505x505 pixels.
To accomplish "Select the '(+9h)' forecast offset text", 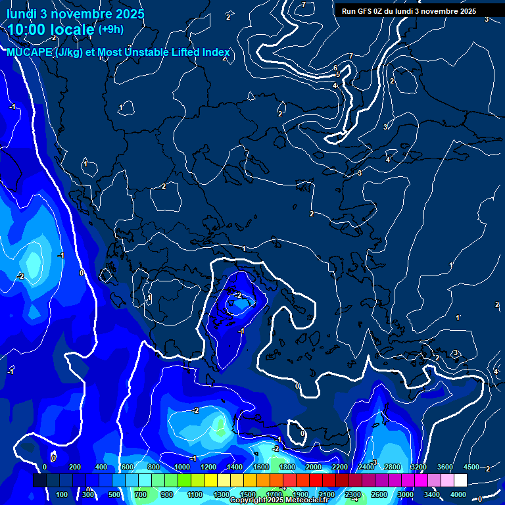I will tap(110, 29).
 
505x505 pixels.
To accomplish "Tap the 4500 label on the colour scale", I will tap(471, 467).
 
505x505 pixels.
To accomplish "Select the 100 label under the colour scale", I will tap(62, 494).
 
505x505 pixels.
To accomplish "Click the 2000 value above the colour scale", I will tap(314, 467).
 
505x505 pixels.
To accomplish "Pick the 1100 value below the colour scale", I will tap(195, 494).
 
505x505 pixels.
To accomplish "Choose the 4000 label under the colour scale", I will tap(459, 494).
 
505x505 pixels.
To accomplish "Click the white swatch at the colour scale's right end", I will tap(460, 481).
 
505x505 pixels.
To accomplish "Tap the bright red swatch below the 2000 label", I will tap(314, 481).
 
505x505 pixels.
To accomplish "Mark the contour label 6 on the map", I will tap(335, 68).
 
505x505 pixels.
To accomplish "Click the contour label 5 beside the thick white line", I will tap(338, 75).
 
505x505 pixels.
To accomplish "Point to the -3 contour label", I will tap(373, 462).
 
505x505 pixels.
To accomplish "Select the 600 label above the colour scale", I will tap(128, 467).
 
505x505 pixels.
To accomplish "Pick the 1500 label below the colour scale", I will tap(248, 494).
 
